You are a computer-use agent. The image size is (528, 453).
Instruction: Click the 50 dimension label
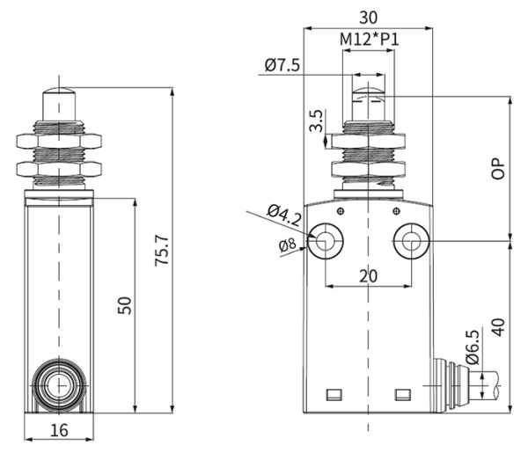coord(125,305)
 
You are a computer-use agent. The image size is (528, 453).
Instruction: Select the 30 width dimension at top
coord(369,16)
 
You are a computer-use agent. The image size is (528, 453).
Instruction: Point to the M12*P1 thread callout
coord(369,40)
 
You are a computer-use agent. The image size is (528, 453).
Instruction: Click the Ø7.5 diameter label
coord(282,64)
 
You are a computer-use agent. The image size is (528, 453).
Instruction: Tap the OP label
coord(498,169)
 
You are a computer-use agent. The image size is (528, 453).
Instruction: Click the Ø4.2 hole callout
coord(284,213)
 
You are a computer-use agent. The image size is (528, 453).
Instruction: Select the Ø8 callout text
coord(287,245)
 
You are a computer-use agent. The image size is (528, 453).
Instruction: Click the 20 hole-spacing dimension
coord(369,275)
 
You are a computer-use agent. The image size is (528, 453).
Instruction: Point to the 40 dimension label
coord(498,327)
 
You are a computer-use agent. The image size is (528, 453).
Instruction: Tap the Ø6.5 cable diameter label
coord(472,347)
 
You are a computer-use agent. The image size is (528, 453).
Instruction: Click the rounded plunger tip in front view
coord(369,86)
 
